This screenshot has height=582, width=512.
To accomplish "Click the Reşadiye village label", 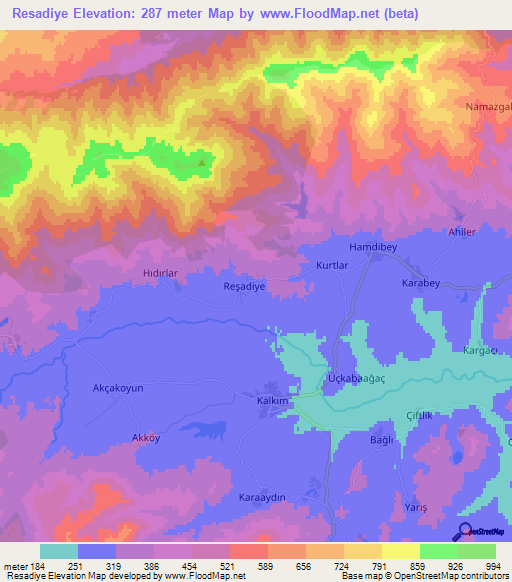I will coord(242,286).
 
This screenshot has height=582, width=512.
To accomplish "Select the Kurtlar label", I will coord(332,266).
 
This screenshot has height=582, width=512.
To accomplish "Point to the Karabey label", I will coord(421,283).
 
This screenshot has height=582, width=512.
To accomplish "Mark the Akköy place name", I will coord(146,438).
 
